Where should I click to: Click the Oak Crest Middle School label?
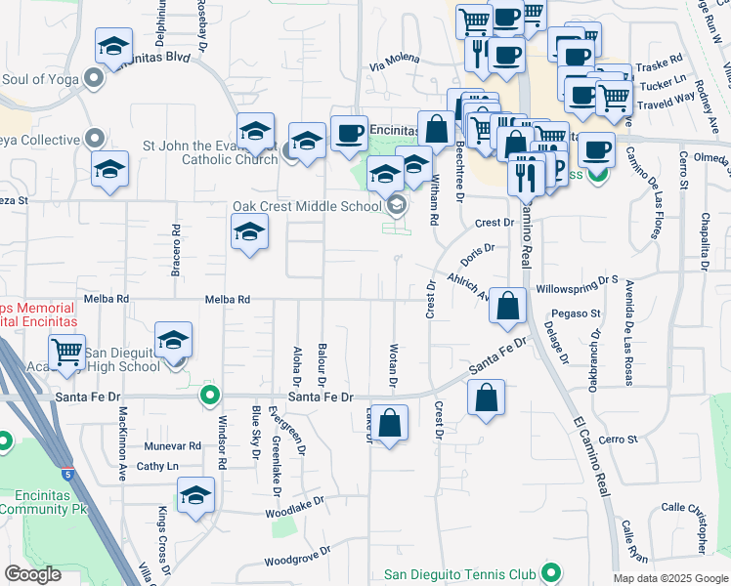point(306,207)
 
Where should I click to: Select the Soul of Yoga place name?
point(42,78)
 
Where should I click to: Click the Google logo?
point(32,574)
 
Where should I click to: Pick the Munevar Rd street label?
point(172,445)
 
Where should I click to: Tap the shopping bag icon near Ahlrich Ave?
point(508,306)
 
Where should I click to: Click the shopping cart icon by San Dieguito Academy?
point(66,352)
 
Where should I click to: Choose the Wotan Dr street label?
point(394,364)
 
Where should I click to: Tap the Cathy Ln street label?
point(157,466)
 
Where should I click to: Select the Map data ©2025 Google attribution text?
point(670,578)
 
